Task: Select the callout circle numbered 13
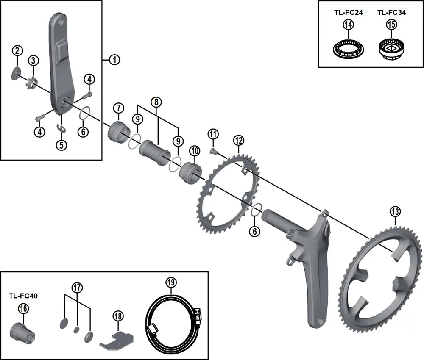pos(395,211)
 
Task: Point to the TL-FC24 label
pos(348,13)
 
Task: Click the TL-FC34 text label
pos(391,13)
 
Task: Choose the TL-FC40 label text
pos(23,296)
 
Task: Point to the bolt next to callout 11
pos(213,150)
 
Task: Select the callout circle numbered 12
pos(239,140)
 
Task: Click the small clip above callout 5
pos(62,129)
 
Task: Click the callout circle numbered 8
pos(156,102)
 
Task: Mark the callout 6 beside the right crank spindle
pos(254,231)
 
